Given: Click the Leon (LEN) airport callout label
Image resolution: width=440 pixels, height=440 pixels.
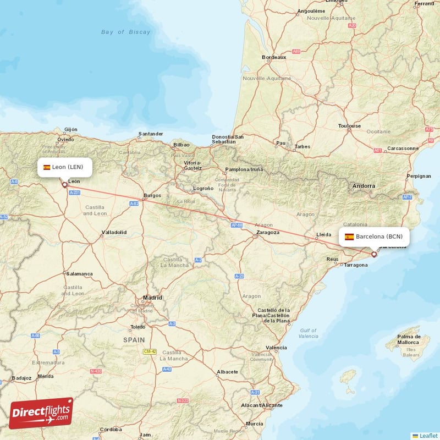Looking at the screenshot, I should click(x=64, y=167).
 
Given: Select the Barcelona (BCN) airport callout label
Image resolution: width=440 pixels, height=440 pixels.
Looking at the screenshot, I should click(x=374, y=237).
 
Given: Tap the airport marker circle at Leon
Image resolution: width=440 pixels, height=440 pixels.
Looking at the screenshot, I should click(x=65, y=185).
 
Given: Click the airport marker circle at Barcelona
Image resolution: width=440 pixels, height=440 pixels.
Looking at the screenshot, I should click(x=374, y=254).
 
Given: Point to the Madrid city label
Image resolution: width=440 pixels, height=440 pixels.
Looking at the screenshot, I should click(x=152, y=298).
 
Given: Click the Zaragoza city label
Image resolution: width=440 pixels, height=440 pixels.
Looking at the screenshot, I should click(x=267, y=233).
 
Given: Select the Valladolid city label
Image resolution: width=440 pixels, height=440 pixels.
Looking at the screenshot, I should click(x=114, y=233).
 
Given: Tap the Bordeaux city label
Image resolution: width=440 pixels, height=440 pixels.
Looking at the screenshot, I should click(x=274, y=57).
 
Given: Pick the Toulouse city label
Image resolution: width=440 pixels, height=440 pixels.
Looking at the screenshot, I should click(x=349, y=126).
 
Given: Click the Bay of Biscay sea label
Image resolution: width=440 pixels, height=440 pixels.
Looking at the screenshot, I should click(x=125, y=32).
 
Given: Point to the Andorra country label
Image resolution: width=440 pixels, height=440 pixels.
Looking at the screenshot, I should click(x=364, y=186).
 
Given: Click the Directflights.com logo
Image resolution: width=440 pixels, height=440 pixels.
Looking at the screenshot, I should click(x=41, y=413).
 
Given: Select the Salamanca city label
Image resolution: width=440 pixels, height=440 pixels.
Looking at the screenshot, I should click(x=79, y=273).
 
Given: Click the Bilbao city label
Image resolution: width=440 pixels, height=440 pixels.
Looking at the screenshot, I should click(x=181, y=145).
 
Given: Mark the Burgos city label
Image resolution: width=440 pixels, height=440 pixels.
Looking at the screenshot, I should click(x=152, y=195).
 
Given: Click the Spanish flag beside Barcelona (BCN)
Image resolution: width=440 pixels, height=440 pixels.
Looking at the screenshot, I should click(x=349, y=237).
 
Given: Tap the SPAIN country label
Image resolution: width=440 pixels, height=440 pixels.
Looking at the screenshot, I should click(x=134, y=340).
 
